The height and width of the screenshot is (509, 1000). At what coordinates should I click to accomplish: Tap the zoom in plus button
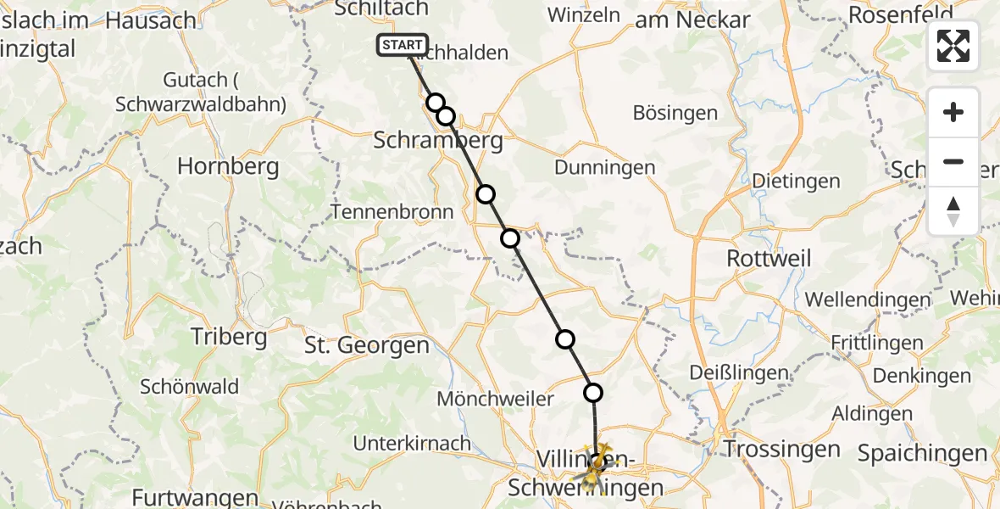tap(953, 112)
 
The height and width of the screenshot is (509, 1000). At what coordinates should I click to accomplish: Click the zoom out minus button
tap(953, 161)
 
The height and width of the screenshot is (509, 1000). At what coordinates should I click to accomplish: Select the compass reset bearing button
tap(953, 210)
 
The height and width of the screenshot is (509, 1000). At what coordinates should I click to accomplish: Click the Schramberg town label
tap(438, 141)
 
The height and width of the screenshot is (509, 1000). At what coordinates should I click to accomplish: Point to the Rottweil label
tap(769, 258)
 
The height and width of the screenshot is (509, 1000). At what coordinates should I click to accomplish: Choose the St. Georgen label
tap(367, 345)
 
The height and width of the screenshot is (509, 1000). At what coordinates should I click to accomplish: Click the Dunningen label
tap(605, 167)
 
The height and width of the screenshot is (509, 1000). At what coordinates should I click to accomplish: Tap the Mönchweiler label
tap(496, 398)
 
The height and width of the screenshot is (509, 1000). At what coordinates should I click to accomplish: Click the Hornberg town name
tap(228, 166)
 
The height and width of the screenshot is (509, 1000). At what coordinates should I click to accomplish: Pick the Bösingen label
tap(675, 113)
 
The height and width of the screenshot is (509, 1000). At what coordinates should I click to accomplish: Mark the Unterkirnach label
tap(412, 443)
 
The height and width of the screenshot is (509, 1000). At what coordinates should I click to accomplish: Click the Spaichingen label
tap(922, 454)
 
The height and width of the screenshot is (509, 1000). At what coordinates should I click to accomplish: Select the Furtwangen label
tap(195, 498)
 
